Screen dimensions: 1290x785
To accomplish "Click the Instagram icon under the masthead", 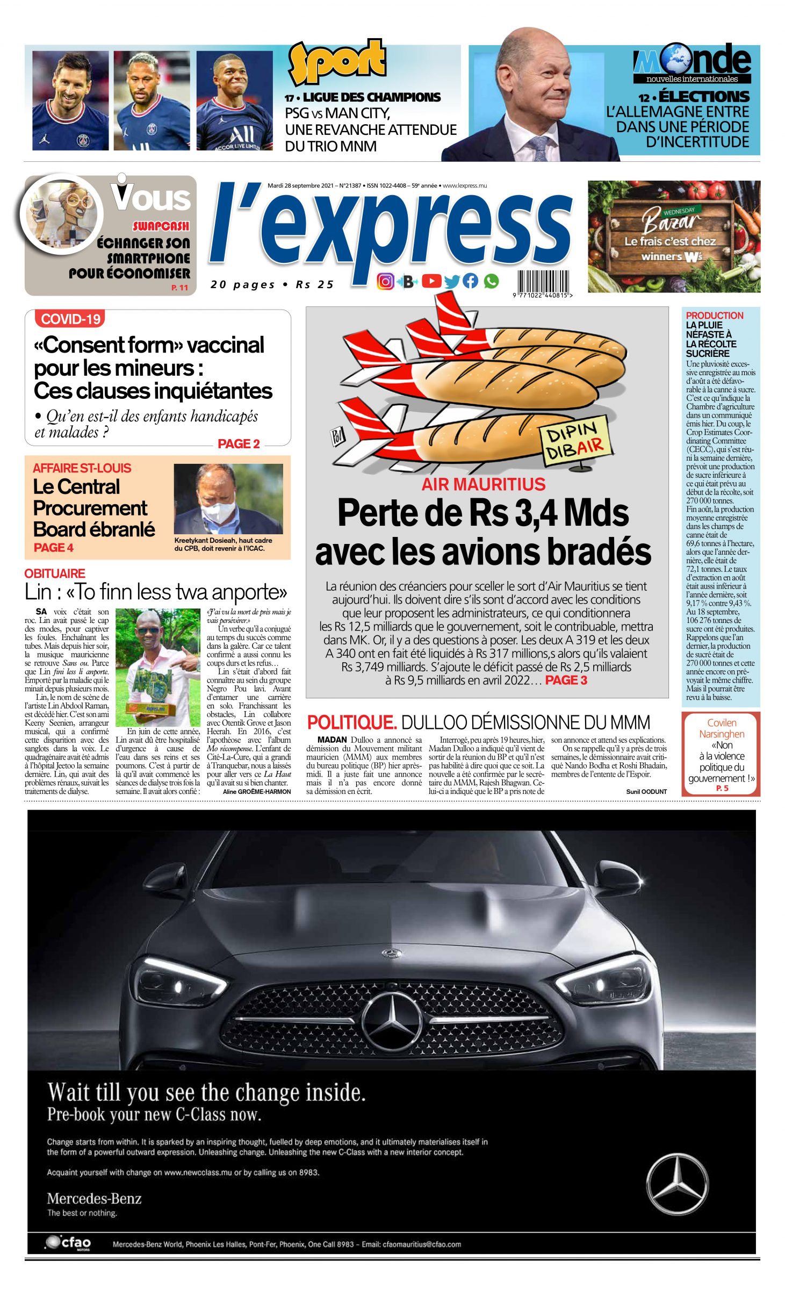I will coord(385,281).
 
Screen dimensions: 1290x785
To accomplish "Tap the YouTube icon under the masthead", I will coord(431,281).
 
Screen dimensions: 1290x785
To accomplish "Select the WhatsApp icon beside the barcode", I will coord(491,281).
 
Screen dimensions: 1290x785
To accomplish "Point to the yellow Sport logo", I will coord(337,61).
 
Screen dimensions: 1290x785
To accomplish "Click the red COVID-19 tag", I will coord(70,319).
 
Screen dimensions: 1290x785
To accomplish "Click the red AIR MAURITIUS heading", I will coord(483,484).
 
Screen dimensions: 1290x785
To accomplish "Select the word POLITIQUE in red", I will coord(351,722).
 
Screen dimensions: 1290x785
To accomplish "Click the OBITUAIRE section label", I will coord(55,574).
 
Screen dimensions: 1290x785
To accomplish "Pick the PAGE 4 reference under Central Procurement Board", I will coord(53,548).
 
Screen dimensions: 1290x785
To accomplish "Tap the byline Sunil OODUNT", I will coord(646,791).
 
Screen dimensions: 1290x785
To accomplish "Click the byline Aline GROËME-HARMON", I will coord(256,791).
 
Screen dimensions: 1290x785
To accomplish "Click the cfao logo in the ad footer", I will coord(69,1243).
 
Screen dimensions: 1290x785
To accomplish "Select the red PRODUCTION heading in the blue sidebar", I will coord(714,316).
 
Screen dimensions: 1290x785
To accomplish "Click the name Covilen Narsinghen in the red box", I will coord(721,728).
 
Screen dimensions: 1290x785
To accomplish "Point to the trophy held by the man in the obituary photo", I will coord(152,703).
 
